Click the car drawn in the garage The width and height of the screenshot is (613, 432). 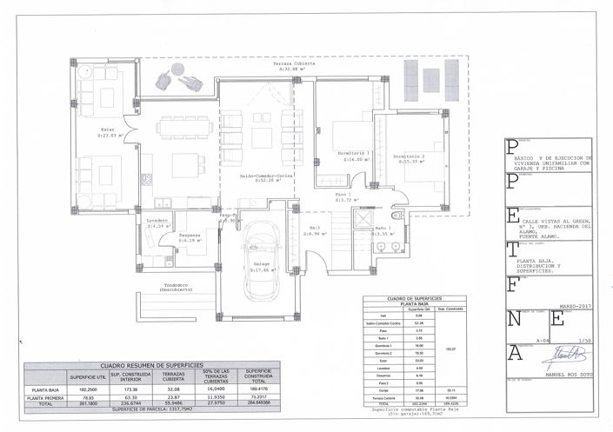click(x=260, y=249)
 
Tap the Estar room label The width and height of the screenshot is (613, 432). click(x=107, y=132)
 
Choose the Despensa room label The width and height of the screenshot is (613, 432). click(x=190, y=237)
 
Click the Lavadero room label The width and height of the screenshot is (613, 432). click(x=157, y=223)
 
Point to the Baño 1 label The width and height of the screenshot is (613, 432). click(x=383, y=231)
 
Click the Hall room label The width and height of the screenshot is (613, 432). click(x=313, y=231)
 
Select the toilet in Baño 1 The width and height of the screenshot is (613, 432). click(x=396, y=216)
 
